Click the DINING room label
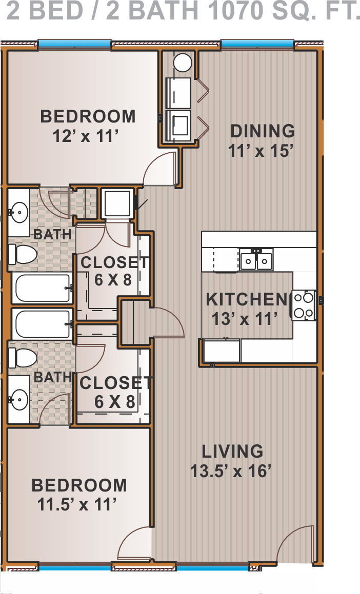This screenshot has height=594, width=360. [x=263, y=131]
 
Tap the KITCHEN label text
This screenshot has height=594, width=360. [x=246, y=299]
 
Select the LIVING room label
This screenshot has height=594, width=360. [x=232, y=452]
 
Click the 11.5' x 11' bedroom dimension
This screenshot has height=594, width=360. [x=76, y=504]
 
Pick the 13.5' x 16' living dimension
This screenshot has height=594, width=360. [x=231, y=472]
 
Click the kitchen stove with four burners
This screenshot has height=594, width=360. [x=304, y=305]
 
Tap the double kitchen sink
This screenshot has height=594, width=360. [x=256, y=259]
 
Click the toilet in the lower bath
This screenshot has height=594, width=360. [x=23, y=358]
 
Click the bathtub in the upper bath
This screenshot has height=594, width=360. [x=42, y=288]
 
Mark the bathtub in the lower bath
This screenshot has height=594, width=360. [x=42, y=324]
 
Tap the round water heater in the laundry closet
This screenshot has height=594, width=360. [x=183, y=63]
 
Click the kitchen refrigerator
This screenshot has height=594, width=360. [x=222, y=351]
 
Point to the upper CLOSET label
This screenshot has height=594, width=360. [x=115, y=262]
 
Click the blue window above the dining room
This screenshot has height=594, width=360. [x=257, y=44]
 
